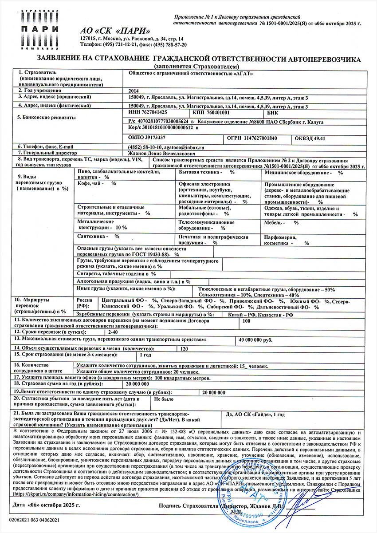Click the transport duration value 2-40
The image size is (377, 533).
tap(113, 332)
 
